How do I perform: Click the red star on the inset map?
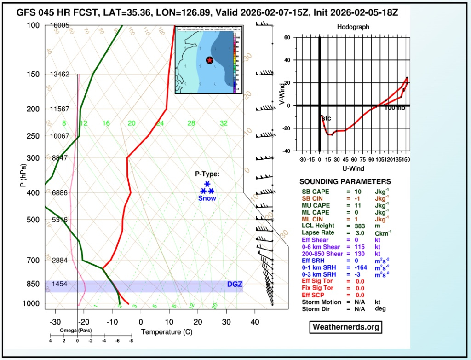(209, 60)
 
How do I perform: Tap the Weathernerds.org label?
(345, 327)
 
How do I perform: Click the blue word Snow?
(207, 198)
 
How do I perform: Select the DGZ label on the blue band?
(235, 285)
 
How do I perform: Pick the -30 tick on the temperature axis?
(55, 322)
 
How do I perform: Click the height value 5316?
(60, 220)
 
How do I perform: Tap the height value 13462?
(60, 74)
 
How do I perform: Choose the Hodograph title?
(353, 27)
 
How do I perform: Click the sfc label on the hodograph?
(326, 118)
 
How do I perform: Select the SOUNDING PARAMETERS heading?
(345, 182)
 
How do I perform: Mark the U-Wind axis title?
(353, 168)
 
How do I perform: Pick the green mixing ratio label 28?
(191, 123)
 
